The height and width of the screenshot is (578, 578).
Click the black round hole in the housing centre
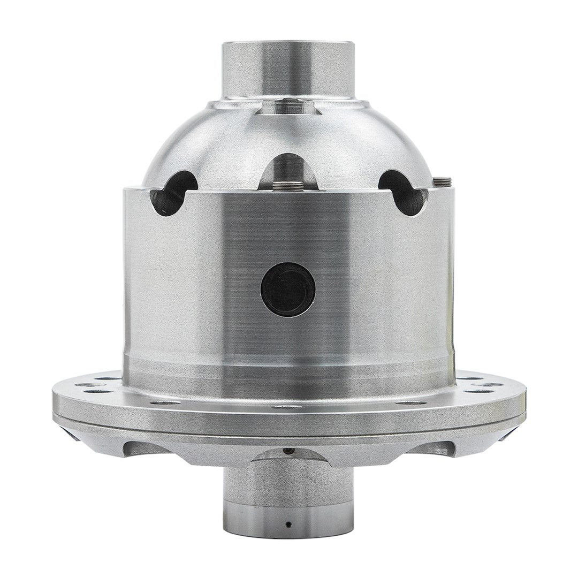point(288,289)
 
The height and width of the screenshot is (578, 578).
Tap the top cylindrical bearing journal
point(288,70)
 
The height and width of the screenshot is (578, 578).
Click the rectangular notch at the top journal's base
point(288,107)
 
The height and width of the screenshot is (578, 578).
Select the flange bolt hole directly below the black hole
point(288,407)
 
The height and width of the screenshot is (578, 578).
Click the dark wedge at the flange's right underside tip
point(506,436)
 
